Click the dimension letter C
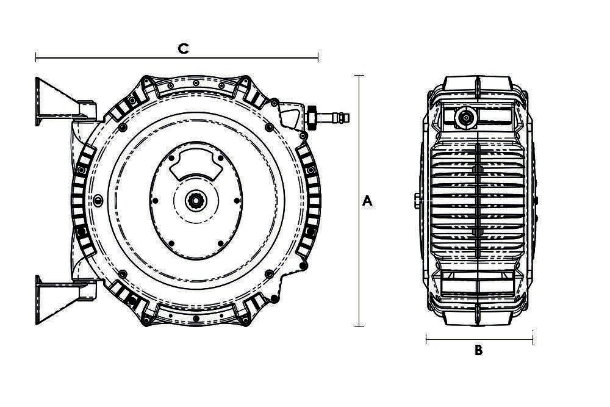(183, 49)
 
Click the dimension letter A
(367, 201)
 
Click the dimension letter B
(478, 350)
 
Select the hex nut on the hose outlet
(312, 117)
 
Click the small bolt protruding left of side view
(417, 201)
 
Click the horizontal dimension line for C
(177, 57)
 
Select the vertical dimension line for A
(359, 201)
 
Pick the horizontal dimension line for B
(479, 340)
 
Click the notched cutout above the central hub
(196, 164)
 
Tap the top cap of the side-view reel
(478, 82)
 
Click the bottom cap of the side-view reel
(478, 317)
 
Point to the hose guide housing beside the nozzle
(292, 115)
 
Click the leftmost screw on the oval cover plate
(155, 201)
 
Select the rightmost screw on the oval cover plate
(237, 201)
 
